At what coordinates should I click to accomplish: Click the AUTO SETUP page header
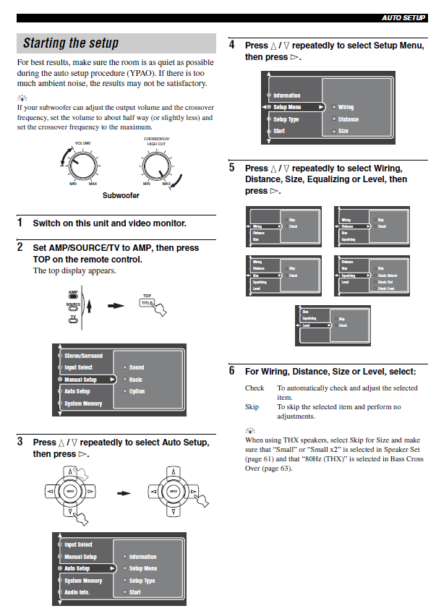click(x=403, y=17)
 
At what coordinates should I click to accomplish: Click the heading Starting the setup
click(x=71, y=43)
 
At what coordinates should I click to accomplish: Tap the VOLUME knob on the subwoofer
click(x=82, y=166)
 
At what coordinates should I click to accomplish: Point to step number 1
click(x=20, y=223)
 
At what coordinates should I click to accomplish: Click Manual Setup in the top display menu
click(x=80, y=380)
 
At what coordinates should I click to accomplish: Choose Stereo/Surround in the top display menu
click(x=83, y=356)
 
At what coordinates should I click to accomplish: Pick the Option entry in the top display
click(x=137, y=391)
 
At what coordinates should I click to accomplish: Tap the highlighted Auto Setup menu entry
click(x=77, y=568)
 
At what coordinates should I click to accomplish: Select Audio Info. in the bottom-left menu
click(x=77, y=592)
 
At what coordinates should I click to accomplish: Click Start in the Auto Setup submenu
click(x=135, y=592)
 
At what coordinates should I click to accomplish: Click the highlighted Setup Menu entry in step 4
click(x=288, y=107)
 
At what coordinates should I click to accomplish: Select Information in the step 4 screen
click(x=287, y=95)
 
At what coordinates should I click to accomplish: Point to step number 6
click(x=232, y=371)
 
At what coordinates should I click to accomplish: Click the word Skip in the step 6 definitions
click(x=252, y=407)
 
